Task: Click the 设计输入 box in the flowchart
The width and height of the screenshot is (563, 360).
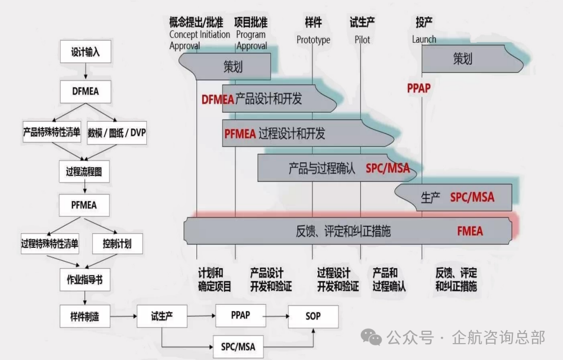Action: (x=85, y=52)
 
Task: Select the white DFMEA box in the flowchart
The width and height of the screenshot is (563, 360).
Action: (x=85, y=91)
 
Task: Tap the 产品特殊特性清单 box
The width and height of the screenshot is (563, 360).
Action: (x=51, y=133)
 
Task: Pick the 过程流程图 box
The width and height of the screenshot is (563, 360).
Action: (x=84, y=172)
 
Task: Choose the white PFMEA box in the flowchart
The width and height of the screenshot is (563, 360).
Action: (x=84, y=205)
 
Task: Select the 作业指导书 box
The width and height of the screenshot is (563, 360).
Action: (x=84, y=279)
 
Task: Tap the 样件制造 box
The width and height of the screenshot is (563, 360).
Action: (x=84, y=317)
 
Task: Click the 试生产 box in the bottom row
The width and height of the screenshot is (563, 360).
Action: (x=162, y=316)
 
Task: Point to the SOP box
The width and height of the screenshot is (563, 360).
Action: (x=313, y=316)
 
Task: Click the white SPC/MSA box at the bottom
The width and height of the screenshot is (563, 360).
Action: (x=238, y=346)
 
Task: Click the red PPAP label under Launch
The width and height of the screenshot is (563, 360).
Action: (x=418, y=88)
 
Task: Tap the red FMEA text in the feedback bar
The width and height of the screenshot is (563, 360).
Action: (x=470, y=231)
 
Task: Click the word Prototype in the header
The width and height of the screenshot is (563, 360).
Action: (x=314, y=40)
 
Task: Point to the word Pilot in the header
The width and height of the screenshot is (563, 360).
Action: (x=363, y=40)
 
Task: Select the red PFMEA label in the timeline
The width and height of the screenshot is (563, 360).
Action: (x=240, y=134)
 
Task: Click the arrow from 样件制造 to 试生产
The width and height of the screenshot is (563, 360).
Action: (x=123, y=317)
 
